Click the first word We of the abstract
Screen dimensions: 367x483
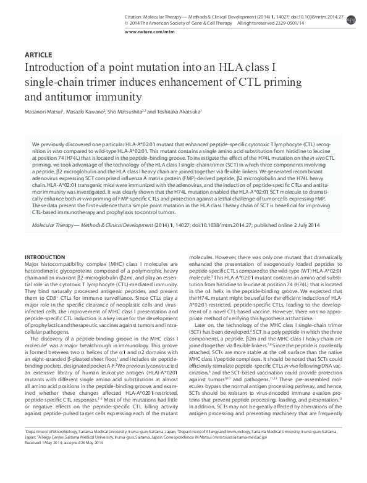pos(35,142)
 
